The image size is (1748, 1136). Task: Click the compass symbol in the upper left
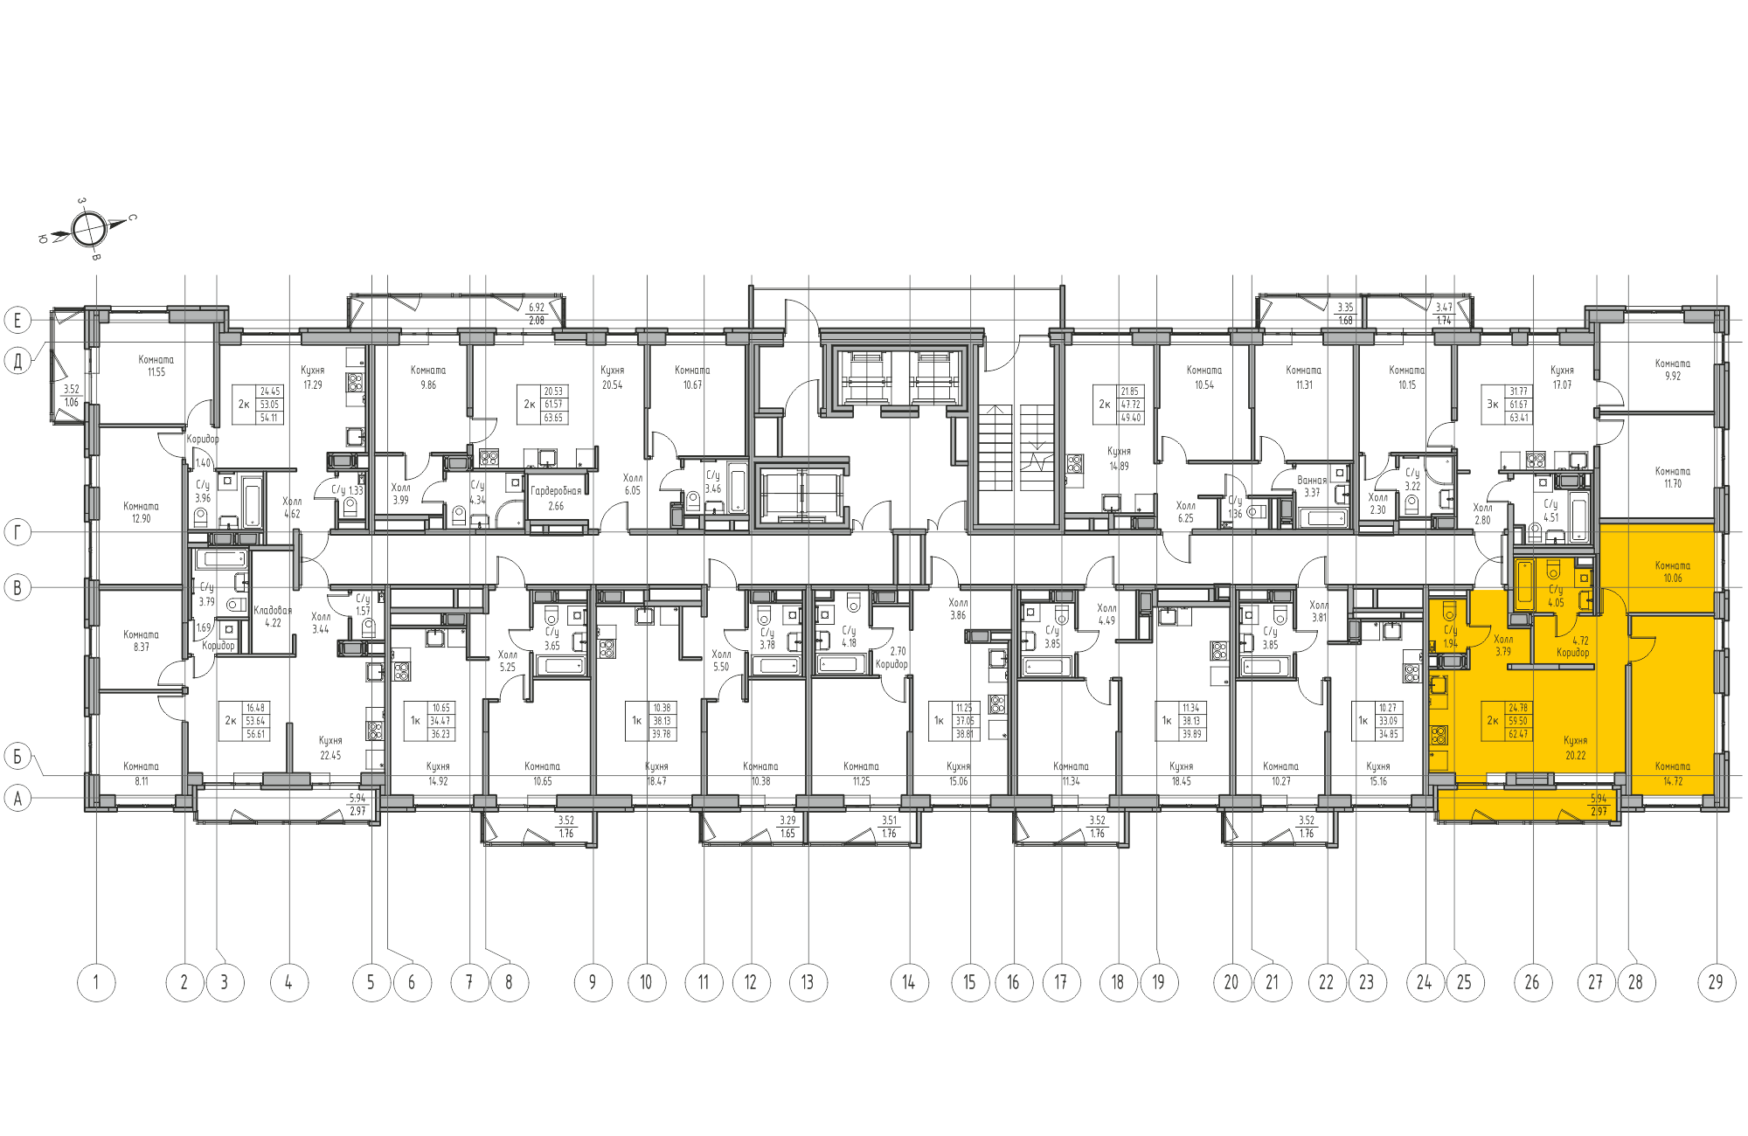coord(89,230)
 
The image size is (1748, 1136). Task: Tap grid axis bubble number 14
coord(909,982)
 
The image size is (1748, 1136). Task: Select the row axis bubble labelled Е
coord(17,320)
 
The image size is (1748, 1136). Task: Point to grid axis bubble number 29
coord(1716,982)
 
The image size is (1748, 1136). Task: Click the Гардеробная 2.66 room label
coord(556,498)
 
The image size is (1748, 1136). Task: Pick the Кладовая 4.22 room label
coord(273,617)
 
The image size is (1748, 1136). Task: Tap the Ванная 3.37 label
coord(1312,486)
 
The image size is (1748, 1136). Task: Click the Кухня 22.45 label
coord(330,748)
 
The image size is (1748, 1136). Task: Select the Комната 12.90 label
coord(141,512)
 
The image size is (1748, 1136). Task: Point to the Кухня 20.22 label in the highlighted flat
coord(1575,748)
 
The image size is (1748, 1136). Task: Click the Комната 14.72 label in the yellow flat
coord(1672,773)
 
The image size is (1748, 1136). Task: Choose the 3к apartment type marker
coord(1493,405)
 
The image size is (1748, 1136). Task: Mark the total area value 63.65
coord(553,418)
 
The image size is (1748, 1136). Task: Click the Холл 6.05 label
coord(633,484)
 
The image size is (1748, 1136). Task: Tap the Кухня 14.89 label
coord(1119,459)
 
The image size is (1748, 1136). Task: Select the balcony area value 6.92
coord(536,308)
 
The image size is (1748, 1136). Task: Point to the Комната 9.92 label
coord(1672,370)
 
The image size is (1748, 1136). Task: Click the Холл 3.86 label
coord(958,608)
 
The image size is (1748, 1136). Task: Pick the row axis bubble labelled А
coord(17,798)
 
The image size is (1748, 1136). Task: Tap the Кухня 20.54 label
coord(612,378)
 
